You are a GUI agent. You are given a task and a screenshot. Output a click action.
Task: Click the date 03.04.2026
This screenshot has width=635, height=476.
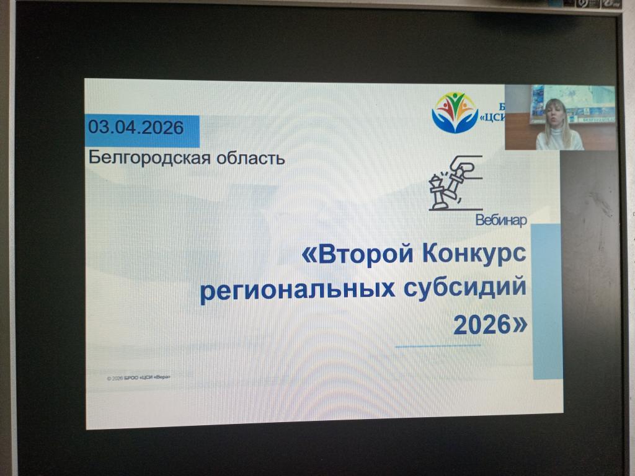click(136, 128)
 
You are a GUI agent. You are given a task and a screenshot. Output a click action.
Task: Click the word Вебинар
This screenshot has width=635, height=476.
click(502, 219)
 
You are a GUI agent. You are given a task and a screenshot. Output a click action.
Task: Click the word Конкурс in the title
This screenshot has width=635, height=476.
click(477, 254)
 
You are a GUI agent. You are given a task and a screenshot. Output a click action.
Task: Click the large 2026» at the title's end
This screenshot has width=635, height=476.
click(491, 324)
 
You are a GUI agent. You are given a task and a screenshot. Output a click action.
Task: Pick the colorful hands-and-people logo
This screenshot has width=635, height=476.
click(455, 112)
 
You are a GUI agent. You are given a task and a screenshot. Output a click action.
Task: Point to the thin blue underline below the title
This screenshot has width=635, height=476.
click(438, 345)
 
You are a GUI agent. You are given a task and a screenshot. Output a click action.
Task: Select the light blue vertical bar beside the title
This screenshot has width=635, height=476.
click(546, 301)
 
